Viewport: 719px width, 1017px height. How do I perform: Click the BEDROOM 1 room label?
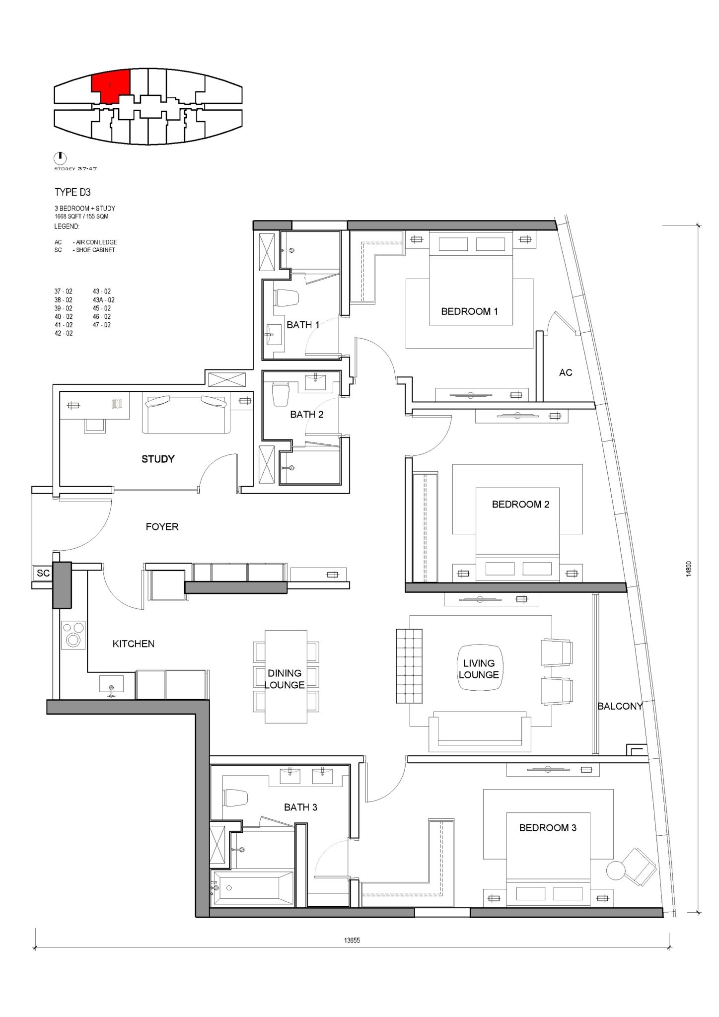469,311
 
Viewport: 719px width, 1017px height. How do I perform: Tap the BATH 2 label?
307,414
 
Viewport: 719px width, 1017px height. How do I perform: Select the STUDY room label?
158,459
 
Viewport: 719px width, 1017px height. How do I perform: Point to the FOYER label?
162,526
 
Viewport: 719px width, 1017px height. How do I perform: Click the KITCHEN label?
134,644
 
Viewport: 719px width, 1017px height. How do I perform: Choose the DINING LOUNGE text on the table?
285,679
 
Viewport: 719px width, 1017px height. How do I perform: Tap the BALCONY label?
620,706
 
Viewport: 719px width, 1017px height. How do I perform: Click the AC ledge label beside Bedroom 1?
566,372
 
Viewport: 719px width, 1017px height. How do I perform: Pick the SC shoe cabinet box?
43,573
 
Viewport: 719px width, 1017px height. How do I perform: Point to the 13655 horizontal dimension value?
352,940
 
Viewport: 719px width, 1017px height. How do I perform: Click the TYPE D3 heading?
72,193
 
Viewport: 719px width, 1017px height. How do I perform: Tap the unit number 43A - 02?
104,300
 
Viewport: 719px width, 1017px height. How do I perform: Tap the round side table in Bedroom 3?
616,871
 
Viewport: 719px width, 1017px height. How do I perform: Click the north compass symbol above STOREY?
60,157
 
